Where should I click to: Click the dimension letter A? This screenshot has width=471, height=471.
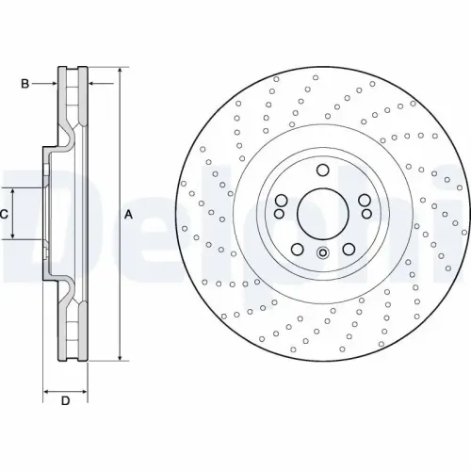point(128,215)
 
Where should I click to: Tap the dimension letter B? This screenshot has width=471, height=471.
point(24,84)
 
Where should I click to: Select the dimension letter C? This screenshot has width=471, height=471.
point(5,215)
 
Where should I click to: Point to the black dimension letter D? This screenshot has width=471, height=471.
point(65,402)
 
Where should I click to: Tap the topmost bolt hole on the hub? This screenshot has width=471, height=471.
point(322,171)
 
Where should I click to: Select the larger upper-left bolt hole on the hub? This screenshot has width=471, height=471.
point(282,200)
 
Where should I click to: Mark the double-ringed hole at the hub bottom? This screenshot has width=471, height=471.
point(322,252)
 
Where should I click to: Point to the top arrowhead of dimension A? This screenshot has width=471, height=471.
point(121,73)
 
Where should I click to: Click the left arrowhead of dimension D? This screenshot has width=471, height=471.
point(47,389)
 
